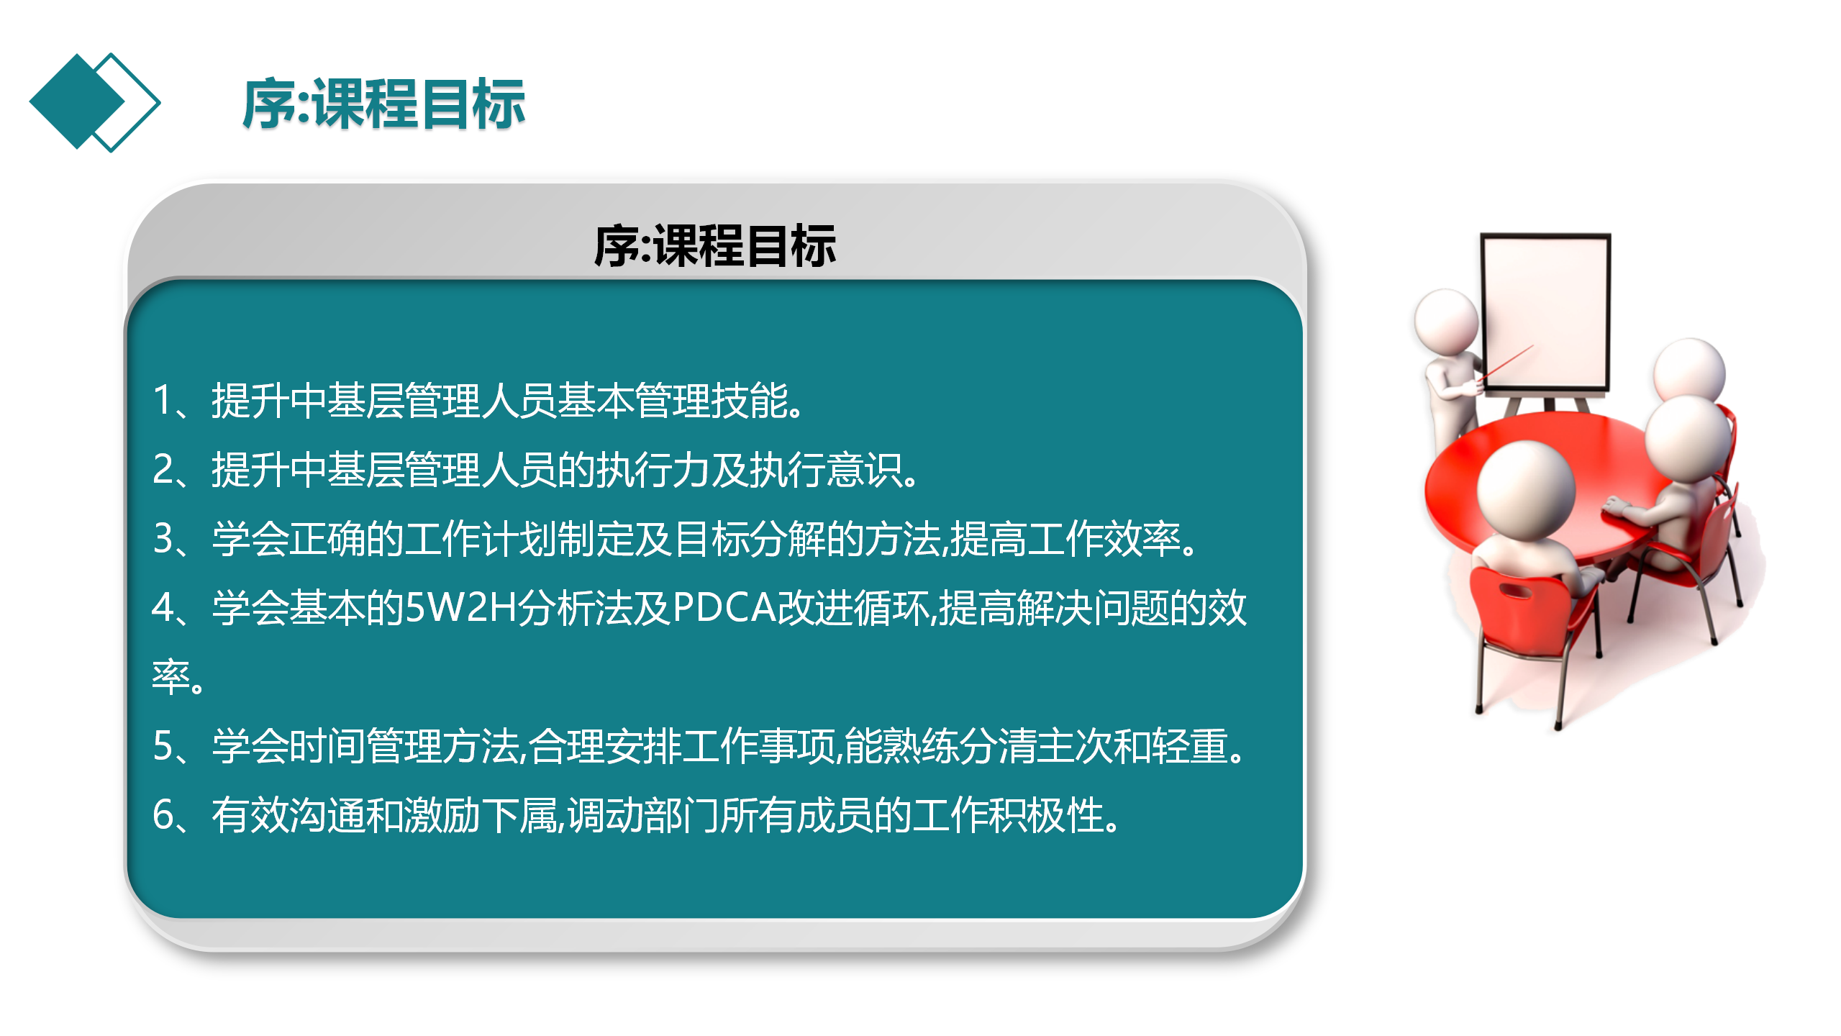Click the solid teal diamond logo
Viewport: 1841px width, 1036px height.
click(77, 101)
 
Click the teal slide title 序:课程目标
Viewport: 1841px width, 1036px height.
click(383, 105)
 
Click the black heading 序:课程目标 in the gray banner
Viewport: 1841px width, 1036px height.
click(715, 246)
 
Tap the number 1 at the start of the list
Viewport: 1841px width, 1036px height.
click(163, 400)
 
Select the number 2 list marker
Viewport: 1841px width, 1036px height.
click(163, 469)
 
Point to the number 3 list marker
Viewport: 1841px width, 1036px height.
click(163, 538)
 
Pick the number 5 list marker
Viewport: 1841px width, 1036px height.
click(163, 745)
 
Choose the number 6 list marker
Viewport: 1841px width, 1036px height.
click(163, 814)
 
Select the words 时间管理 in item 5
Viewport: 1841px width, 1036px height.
click(365, 745)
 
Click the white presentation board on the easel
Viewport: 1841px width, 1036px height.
click(1545, 313)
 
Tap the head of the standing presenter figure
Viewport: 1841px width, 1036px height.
click(1447, 321)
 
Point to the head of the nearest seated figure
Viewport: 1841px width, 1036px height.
click(1526, 489)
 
